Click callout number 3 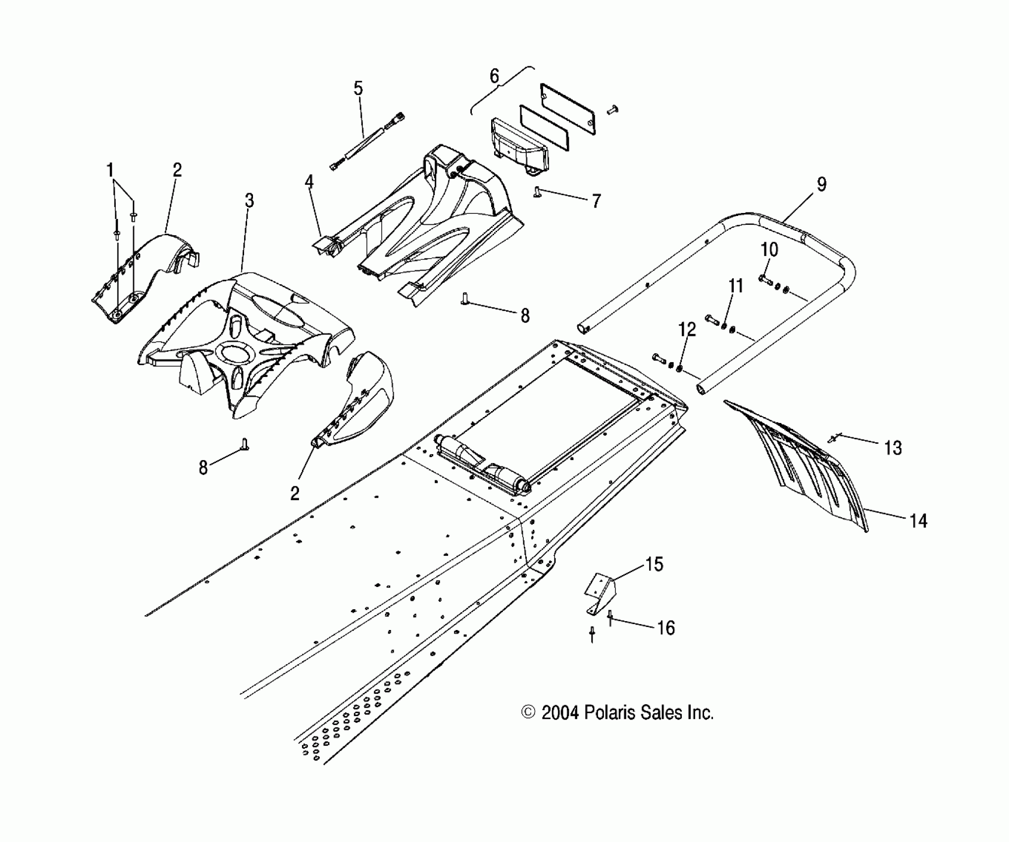(x=249, y=201)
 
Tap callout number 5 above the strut (x=358, y=89)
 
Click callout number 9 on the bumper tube (x=821, y=184)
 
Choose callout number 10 (x=769, y=250)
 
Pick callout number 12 (x=687, y=329)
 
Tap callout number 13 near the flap (x=893, y=448)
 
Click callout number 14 (x=918, y=521)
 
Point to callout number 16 (x=666, y=628)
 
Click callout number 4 (x=309, y=182)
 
